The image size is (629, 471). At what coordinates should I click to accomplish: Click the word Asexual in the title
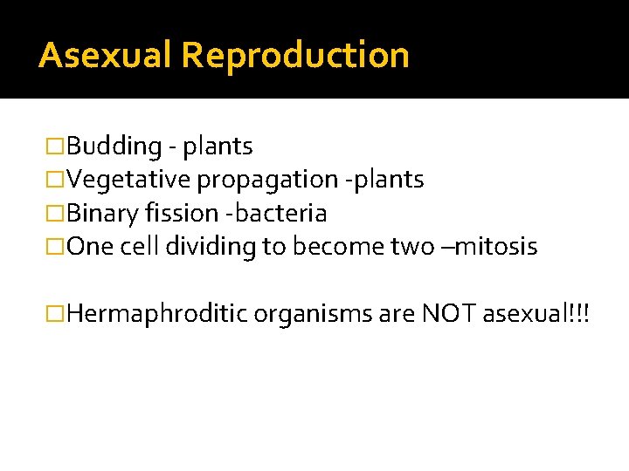105,55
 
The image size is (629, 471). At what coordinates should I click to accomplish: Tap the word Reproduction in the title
295,55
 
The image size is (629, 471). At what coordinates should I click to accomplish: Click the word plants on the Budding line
218,146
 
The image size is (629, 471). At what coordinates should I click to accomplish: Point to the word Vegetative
129,180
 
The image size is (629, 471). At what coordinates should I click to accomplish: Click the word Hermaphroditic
156,313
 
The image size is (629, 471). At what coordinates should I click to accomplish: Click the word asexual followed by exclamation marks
530,313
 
